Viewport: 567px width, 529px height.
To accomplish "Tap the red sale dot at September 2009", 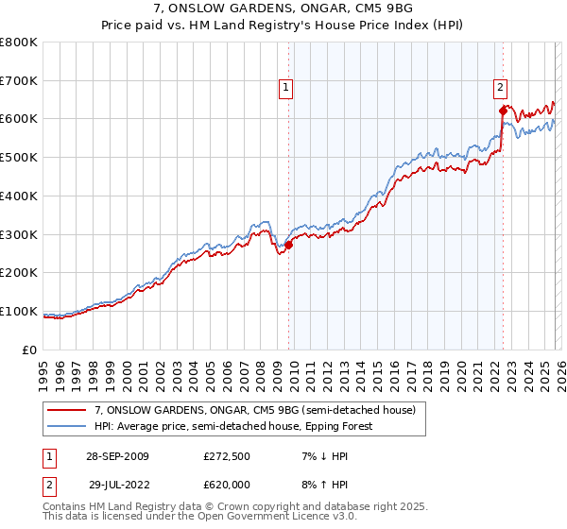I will (289, 245).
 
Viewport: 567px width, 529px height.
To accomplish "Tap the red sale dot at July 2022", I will (503, 111).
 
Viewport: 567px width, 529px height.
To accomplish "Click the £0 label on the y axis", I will (30, 350).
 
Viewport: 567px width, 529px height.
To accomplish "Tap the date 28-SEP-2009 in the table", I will (115, 456).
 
